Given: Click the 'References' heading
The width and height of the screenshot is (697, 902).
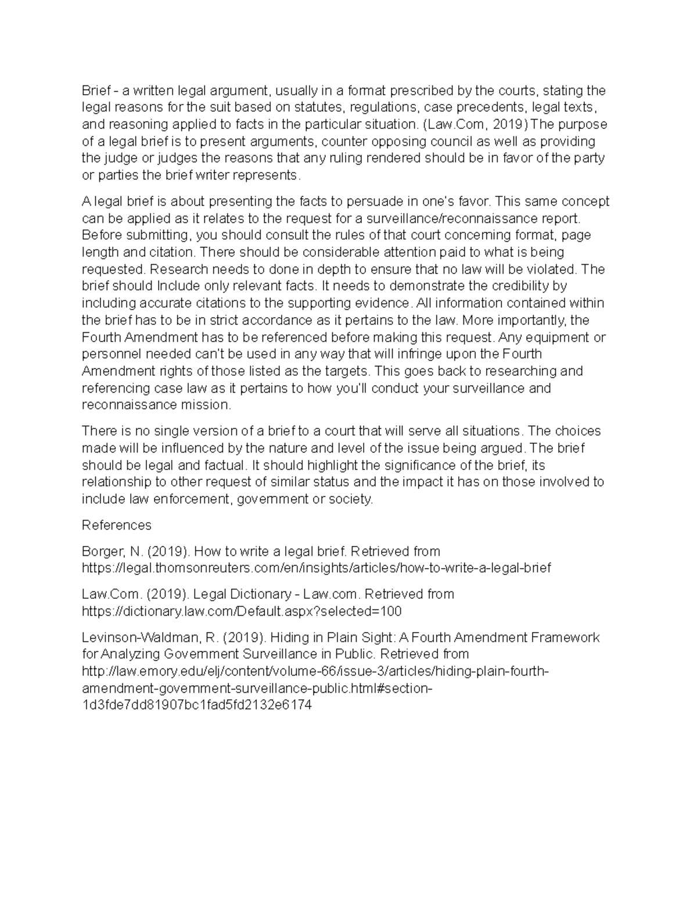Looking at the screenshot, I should click(117, 525).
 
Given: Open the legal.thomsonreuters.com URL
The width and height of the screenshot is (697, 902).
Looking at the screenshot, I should click(317, 567).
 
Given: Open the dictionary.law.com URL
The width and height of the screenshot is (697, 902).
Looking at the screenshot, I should click(242, 611).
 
